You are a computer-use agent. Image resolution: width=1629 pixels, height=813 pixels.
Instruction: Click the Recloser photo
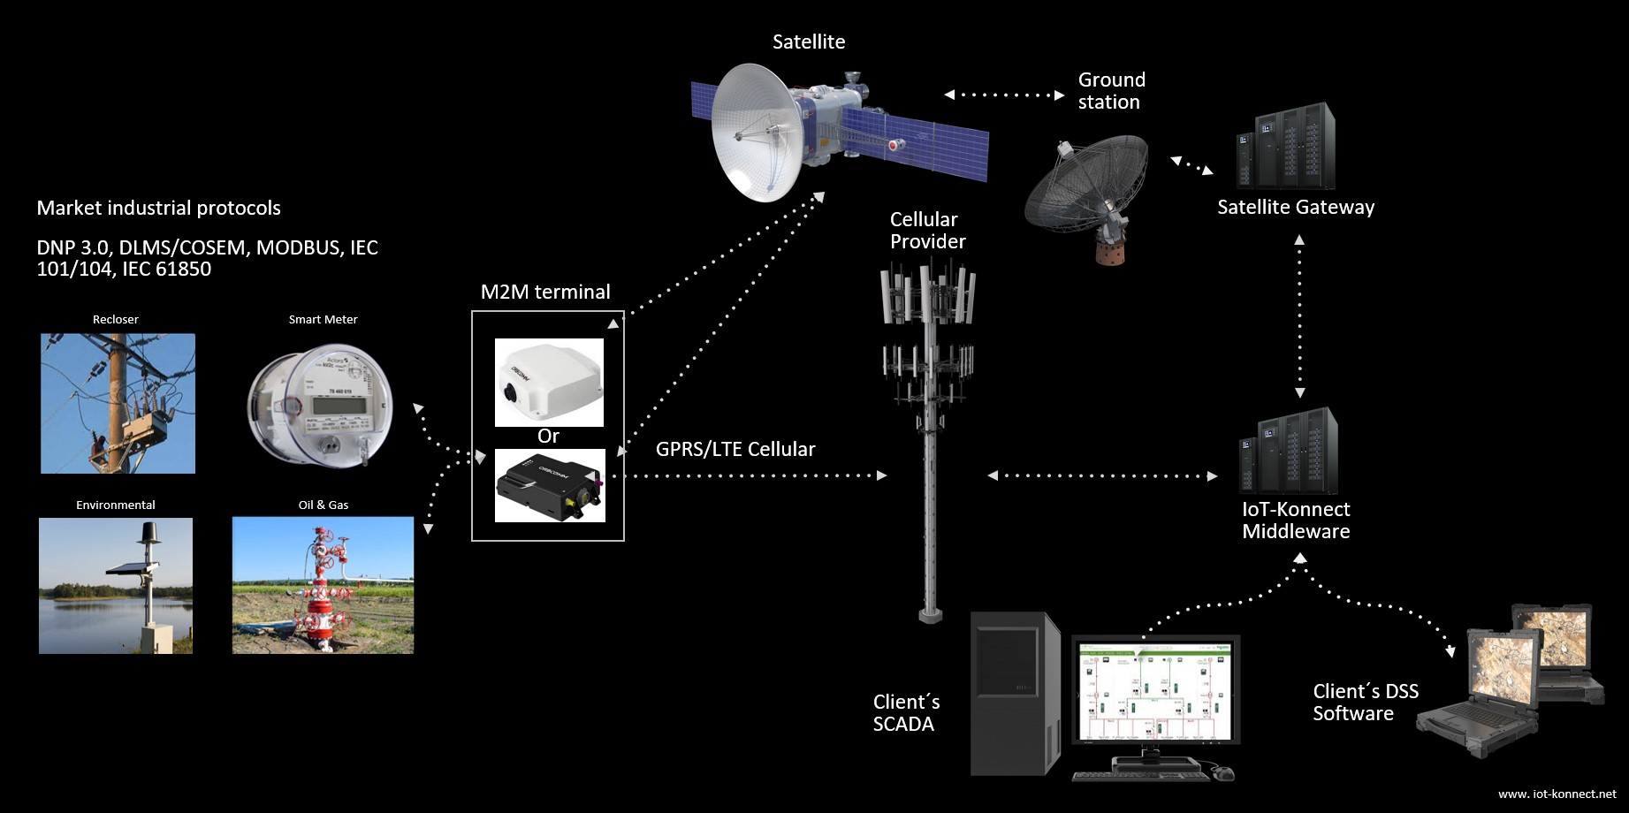click(x=118, y=403)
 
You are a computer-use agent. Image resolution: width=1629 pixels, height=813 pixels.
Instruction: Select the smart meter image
click(x=320, y=404)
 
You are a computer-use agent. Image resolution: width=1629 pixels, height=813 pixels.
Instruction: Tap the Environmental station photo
click(x=116, y=586)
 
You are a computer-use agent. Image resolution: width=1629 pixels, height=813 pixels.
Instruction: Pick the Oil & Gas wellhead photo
click(x=323, y=585)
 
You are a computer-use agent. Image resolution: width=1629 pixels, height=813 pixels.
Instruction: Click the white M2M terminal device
click(x=549, y=382)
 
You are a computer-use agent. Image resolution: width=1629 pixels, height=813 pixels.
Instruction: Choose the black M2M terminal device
click(x=549, y=485)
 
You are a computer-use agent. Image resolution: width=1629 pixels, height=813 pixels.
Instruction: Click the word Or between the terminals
click(x=548, y=437)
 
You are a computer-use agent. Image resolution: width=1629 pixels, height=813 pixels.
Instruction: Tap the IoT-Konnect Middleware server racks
click(x=1290, y=452)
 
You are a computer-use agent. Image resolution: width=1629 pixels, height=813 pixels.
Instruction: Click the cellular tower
click(x=928, y=424)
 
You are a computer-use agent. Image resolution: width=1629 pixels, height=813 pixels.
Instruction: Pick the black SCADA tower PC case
click(x=1016, y=695)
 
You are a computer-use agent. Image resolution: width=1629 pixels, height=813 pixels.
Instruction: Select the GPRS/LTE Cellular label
click(x=735, y=449)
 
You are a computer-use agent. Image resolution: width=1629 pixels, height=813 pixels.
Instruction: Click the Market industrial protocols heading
click(x=159, y=209)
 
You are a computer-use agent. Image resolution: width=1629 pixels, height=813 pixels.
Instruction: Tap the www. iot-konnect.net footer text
click(x=1557, y=794)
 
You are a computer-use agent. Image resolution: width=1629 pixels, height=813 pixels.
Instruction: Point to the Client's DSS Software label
click(x=1365, y=703)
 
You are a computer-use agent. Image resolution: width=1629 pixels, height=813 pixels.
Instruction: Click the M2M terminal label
click(x=545, y=293)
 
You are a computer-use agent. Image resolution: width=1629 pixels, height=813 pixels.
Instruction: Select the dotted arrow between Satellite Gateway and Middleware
click(x=1299, y=316)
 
